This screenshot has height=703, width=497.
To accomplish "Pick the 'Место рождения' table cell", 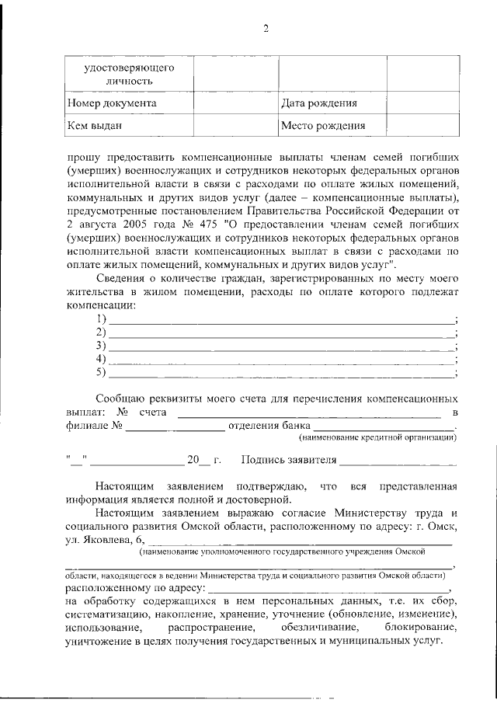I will click(322, 125).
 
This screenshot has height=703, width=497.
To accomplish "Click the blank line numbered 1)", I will click(281, 320).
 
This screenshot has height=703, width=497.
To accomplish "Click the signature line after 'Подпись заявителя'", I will click(397, 460).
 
